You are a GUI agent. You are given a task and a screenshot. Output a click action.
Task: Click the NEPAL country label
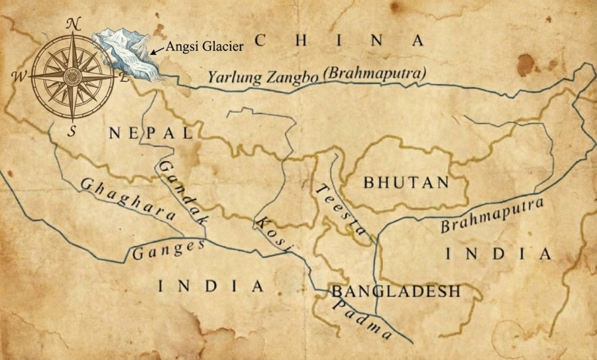click(150, 133)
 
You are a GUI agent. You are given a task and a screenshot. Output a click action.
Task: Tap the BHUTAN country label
click(406, 182)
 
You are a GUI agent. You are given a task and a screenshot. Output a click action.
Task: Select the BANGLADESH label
click(396, 291)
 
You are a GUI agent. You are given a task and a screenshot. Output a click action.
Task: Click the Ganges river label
click(168, 250)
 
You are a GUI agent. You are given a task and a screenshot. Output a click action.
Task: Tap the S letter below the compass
click(72, 131)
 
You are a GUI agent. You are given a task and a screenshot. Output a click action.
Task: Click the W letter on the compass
click(21, 76)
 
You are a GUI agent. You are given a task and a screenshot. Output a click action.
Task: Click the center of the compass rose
click(72, 76)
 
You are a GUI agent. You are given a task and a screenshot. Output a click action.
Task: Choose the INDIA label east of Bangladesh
click(498, 254)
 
